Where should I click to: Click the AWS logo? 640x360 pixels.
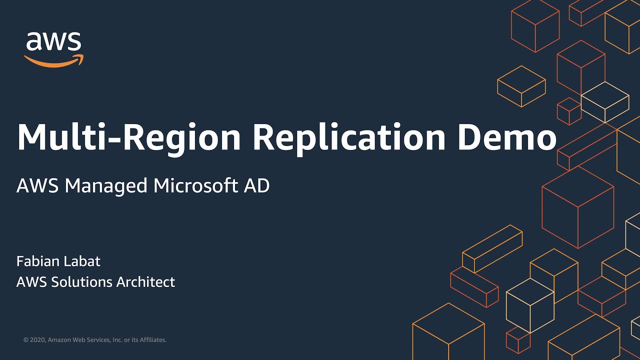coord(53,48)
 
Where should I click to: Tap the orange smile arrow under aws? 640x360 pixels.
coord(53,61)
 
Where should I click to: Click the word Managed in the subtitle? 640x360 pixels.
coord(106,186)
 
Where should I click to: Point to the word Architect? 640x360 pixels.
coord(146,282)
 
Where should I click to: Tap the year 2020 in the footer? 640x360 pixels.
coord(38,340)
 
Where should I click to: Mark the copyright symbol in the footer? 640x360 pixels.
coord(26,340)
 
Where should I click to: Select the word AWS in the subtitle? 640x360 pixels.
coord(37,186)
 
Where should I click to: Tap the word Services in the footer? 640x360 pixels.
coord(98,340)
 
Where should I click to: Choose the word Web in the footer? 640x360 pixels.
coord(80,340)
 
